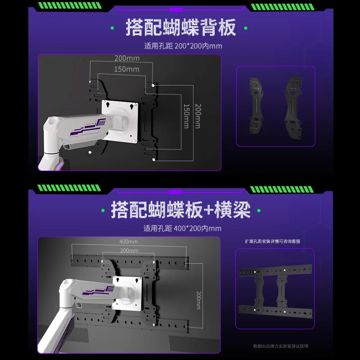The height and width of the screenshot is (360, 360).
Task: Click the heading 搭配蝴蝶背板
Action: (180, 28)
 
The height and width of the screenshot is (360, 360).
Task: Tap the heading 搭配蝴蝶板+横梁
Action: (180, 209)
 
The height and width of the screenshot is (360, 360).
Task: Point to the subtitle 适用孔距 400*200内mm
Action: (183, 228)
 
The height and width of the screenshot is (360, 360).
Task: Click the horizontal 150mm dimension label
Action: (126, 69)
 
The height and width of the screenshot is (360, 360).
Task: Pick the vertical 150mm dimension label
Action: (186, 116)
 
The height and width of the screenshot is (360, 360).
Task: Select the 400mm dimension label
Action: (128, 242)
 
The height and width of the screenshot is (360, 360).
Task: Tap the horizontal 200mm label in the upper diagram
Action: (126, 58)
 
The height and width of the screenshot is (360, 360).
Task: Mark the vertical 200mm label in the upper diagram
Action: (197, 116)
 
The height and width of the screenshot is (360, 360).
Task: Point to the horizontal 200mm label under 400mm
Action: (129, 251)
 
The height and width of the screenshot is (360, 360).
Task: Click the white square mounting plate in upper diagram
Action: (119, 121)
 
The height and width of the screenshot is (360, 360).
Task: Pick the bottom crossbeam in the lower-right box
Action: (275, 310)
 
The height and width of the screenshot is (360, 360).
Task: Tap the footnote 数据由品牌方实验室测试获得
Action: (280, 346)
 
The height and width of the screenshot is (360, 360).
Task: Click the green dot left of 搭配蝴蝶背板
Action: (115, 28)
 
